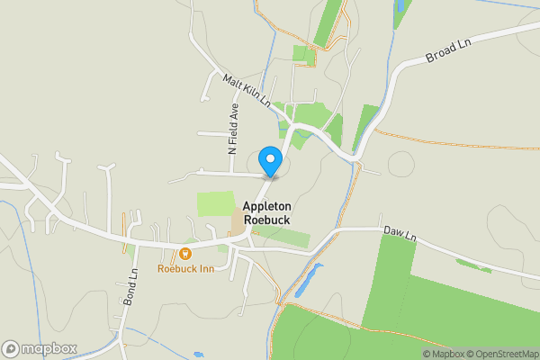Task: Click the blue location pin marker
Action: pyautogui.click(x=269, y=160)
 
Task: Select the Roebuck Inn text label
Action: pyautogui.click(x=185, y=269)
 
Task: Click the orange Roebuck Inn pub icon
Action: pyautogui.click(x=185, y=254)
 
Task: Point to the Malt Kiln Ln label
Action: pyautogui.click(x=247, y=91)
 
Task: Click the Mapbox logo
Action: pyautogui.click(x=40, y=348)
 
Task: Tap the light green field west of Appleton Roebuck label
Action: pyautogui.click(x=214, y=203)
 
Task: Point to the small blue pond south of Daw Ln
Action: pyautogui.click(x=306, y=281)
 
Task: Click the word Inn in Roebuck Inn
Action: pyautogui.click(x=206, y=269)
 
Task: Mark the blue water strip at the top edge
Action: pyautogui.click(x=400, y=7)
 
